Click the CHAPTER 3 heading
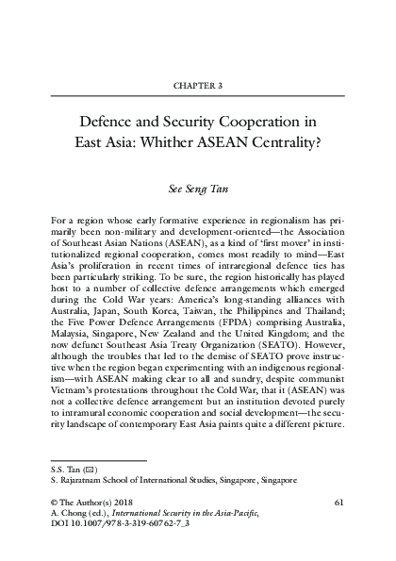(197, 84)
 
